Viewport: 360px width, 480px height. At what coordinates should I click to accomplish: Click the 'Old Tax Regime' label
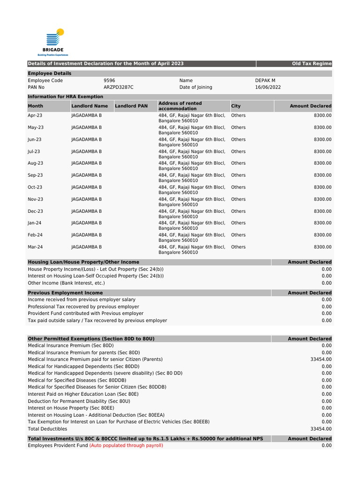(311, 64)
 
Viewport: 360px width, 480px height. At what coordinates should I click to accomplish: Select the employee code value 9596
(109, 81)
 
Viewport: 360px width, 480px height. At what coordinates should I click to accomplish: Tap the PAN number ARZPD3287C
(118, 87)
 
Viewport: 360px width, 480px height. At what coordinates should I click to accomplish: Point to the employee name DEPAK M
(265, 81)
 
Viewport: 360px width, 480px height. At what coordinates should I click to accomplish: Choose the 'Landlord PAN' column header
(131, 106)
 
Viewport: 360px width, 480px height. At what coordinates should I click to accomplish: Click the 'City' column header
(236, 106)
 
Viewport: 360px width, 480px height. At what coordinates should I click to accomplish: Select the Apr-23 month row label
(35, 115)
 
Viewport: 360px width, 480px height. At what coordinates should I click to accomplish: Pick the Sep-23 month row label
(36, 175)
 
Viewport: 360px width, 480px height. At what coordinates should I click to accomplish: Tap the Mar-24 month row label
(36, 247)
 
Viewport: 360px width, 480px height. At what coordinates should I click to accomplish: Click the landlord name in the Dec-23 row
(86, 211)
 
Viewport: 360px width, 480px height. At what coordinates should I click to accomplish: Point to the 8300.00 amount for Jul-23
(322, 151)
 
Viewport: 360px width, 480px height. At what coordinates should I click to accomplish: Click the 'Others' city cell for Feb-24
(238, 235)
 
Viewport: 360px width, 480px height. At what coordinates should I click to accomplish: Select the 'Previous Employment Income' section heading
(65, 293)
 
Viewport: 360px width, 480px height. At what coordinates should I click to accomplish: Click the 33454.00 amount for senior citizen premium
(321, 360)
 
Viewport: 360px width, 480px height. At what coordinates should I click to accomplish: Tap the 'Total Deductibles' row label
(47, 429)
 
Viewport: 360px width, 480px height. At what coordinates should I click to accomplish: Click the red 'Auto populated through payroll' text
(126, 446)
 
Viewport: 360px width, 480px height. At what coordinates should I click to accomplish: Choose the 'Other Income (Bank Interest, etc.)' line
(66, 283)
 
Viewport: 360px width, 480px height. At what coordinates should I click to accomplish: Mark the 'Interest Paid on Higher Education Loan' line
(83, 394)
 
